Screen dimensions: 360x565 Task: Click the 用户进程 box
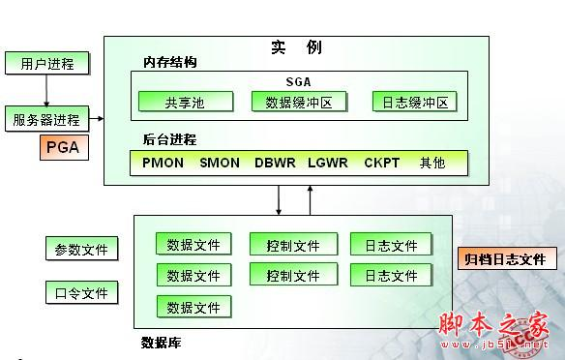(46, 64)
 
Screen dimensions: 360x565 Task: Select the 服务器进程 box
(46, 119)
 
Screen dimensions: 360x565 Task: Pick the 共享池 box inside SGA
(185, 102)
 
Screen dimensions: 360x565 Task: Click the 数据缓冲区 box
(298, 102)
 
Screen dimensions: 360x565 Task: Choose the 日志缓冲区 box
(414, 102)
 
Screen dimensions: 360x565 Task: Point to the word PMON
(163, 163)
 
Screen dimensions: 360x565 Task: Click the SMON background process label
(219, 163)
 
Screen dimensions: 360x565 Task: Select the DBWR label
(275, 163)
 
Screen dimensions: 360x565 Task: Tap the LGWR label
(328, 163)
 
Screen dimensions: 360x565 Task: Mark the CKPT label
(381, 163)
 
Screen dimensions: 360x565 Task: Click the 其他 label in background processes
(432, 163)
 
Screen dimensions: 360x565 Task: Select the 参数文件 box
(81, 249)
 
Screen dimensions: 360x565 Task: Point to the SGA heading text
(298, 80)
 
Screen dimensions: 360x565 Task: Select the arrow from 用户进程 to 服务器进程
(46, 91)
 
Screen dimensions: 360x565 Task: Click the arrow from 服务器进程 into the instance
(97, 119)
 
